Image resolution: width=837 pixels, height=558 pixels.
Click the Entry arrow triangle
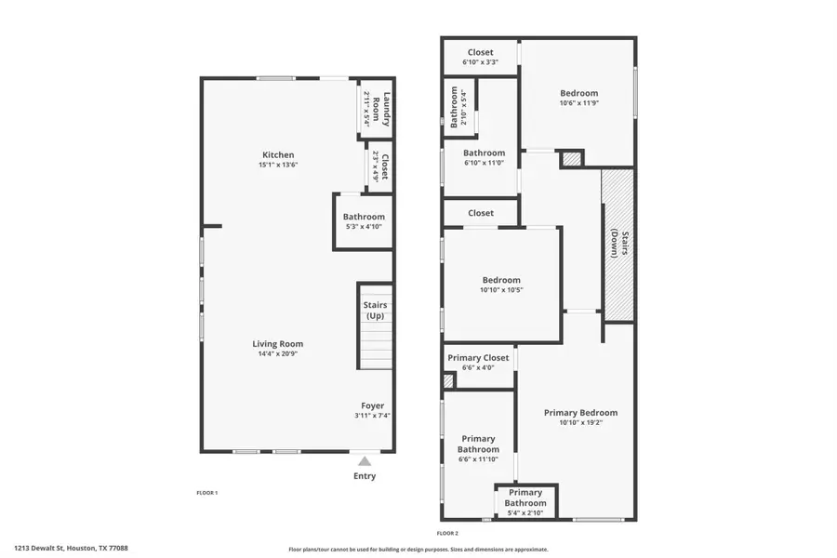point(365,460)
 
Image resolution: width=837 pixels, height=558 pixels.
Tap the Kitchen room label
point(278,154)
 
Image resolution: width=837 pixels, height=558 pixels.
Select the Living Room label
point(277,343)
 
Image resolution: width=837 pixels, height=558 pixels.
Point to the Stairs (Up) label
point(375,311)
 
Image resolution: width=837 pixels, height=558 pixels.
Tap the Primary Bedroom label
point(580,413)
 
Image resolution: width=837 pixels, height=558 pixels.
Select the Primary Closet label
point(478,358)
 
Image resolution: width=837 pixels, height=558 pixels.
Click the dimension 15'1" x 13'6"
point(278,165)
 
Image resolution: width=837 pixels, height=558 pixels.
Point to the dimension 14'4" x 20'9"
point(277,353)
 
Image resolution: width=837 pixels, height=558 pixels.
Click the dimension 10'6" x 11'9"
point(578,103)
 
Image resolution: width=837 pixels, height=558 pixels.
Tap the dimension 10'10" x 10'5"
point(500,290)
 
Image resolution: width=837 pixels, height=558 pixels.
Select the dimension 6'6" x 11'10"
point(478,459)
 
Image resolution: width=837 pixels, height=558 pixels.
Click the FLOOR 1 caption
point(206,492)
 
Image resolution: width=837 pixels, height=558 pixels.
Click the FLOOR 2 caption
point(447,533)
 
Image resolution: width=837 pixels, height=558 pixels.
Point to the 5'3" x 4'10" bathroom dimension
point(363,227)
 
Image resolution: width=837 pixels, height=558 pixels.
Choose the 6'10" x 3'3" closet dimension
point(480,62)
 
